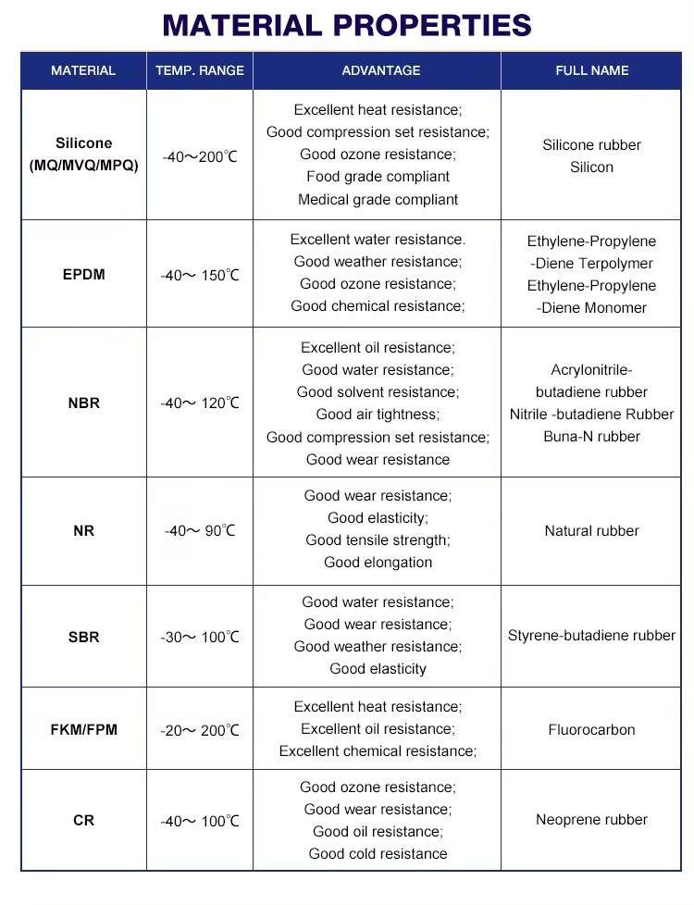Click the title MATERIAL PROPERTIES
(x=347, y=25)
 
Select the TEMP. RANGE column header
(x=200, y=70)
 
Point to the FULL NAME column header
(x=592, y=70)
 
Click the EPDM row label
(x=83, y=275)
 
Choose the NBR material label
(x=83, y=403)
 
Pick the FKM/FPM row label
(x=83, y=729)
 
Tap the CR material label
(x=83, y=820)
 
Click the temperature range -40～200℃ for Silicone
(x=200, y=157)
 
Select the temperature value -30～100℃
(x=200, y=638)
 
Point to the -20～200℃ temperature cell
(x=200, y=730)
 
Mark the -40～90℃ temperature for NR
(x=200, y=531)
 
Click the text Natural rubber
(x=592, y=531)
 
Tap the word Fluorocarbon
(x=592, y=729)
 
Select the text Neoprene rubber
(x=592, y=820)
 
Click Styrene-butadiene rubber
(x=592, y=636)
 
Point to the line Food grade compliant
(x=378, y=177)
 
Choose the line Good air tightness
(x=378, y=415)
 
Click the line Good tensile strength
(x=378, y=540)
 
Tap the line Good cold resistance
(x=378, y=854)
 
